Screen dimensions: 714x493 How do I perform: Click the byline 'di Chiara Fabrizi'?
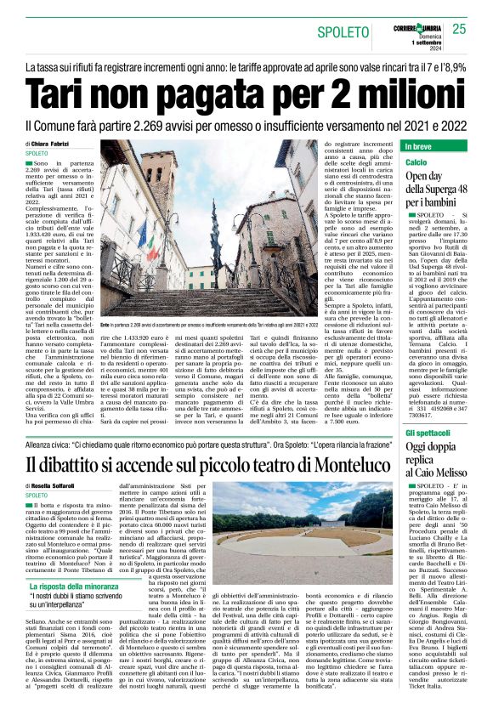click(x=49, y=144)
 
